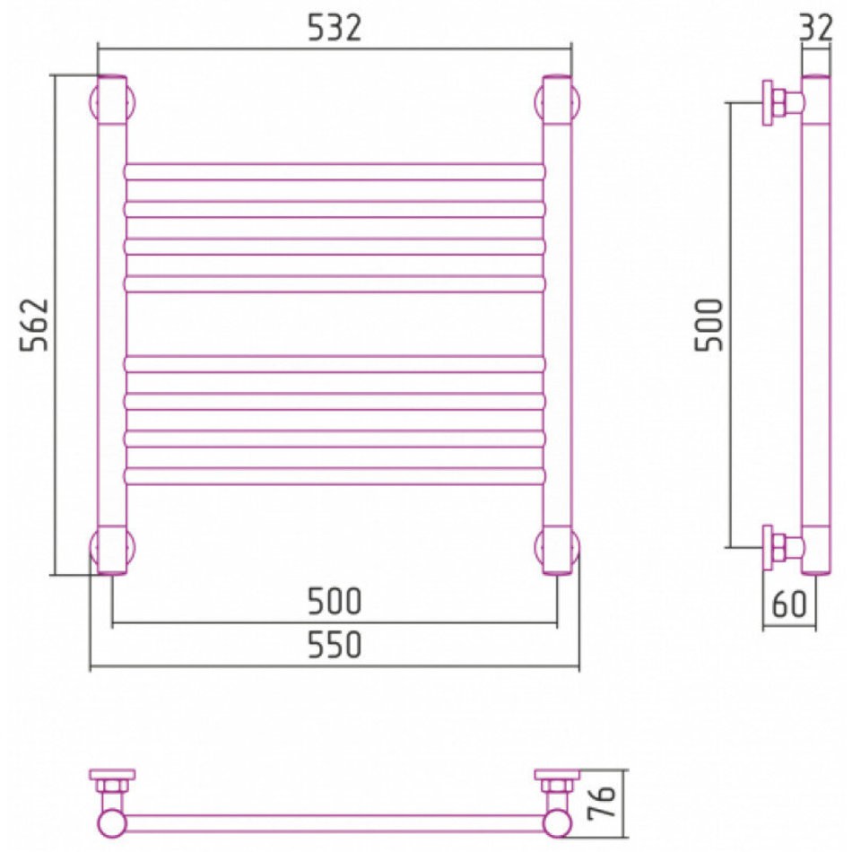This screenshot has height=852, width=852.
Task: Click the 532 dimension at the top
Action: tap(335, 28)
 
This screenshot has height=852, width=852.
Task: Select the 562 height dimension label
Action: tap(34, 325)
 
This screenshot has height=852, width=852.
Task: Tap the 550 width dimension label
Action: tap(335, 645)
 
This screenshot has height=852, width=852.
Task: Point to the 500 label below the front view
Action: tap(335, 602)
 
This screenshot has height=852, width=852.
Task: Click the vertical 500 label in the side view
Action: tap(709, 325)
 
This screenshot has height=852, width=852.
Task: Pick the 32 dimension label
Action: tap(816, 28)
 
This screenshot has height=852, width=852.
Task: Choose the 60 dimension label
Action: tap(789, 604)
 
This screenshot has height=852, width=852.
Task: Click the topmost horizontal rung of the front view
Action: tap(335, 171)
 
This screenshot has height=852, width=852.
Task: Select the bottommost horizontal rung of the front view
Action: tap(335, 476)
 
